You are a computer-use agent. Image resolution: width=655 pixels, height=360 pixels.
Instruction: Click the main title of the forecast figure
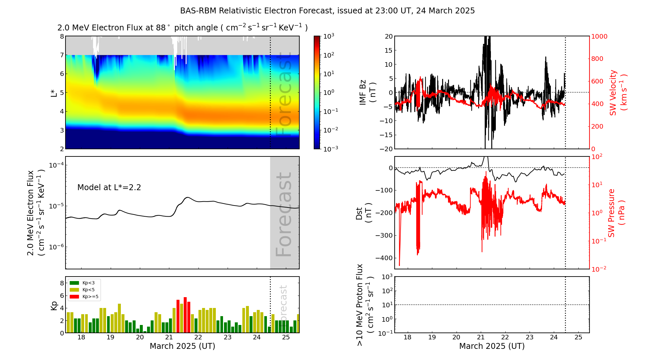[x=327, y=11]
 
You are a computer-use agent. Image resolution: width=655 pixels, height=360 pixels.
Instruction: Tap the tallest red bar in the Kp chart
[x=185, y=314]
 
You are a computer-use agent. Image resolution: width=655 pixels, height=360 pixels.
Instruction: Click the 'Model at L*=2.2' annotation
[x=109, y=188]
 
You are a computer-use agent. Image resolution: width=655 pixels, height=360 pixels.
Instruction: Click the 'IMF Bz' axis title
[x=367, y=92]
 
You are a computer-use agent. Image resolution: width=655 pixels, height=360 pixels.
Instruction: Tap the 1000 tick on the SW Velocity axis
[x=599, y=36]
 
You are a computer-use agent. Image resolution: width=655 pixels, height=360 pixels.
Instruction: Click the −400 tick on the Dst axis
[x=384, y=258]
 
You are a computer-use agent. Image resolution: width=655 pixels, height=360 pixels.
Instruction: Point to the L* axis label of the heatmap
[x=54, y=92]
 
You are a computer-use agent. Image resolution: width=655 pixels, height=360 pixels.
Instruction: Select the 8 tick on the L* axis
[x=62, y=36]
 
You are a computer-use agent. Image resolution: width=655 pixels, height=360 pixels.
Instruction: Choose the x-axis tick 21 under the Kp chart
[x=169, y=338]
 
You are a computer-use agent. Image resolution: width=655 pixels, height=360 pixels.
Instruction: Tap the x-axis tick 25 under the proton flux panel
[x=578, y=338]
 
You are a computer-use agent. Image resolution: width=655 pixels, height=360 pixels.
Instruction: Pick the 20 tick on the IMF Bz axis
[x=388, y=36]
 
